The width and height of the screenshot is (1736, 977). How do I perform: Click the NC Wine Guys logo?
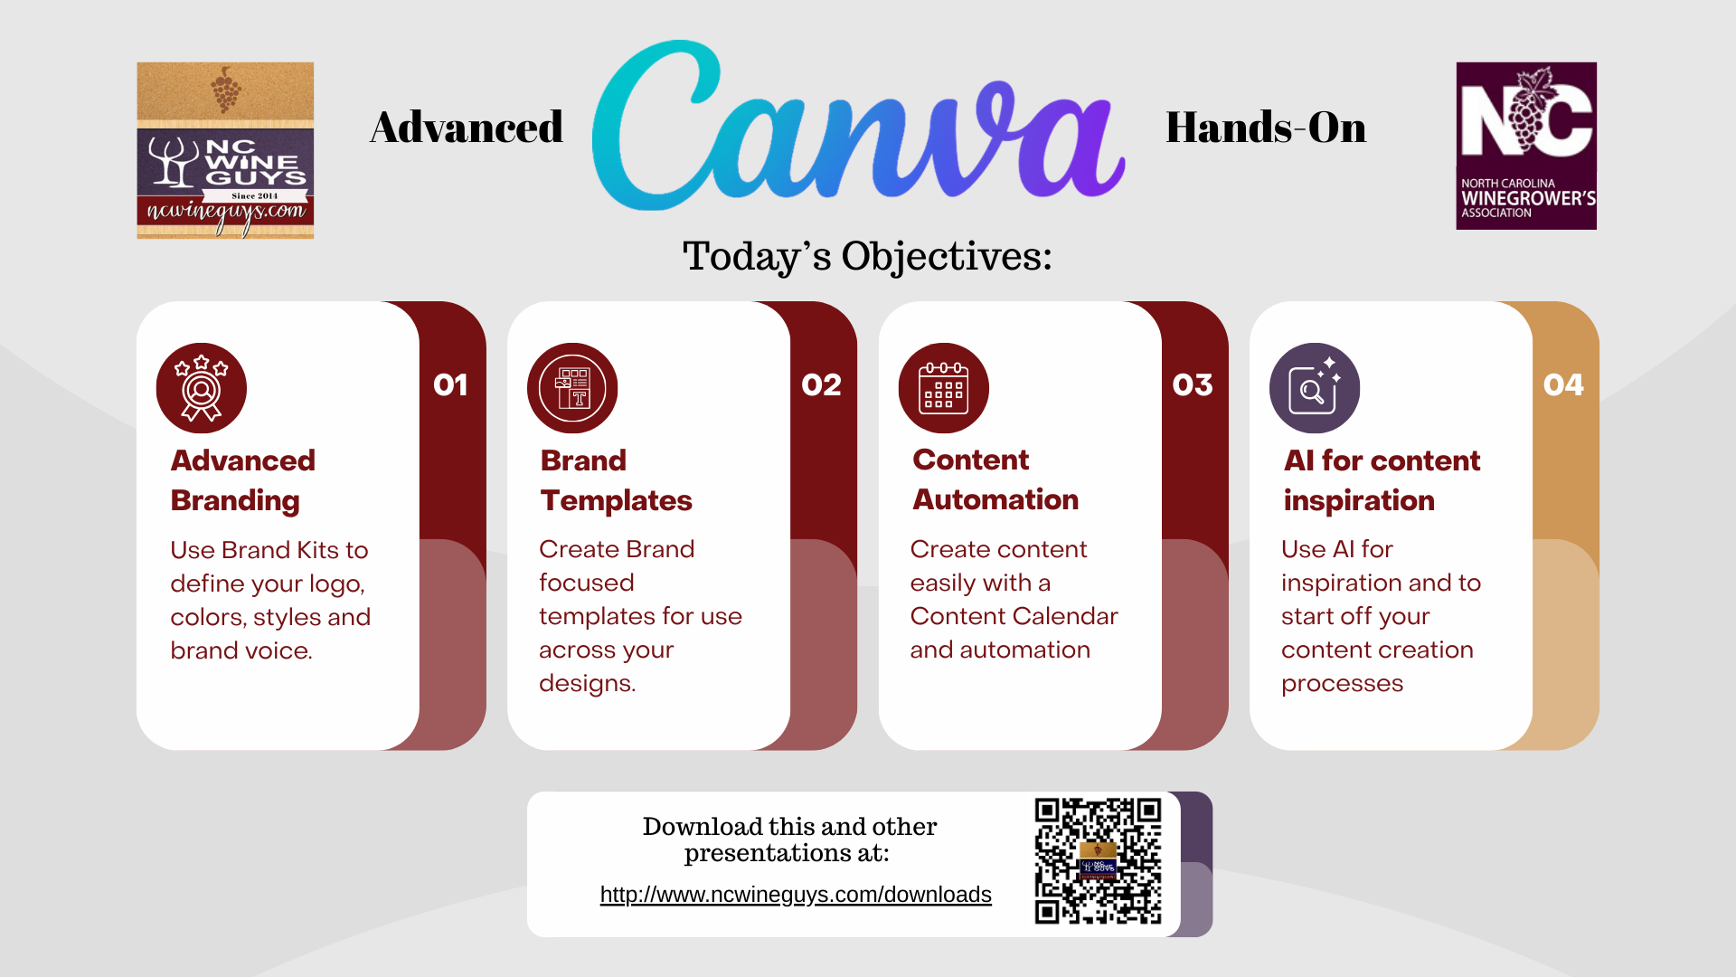click(x=225, y=150)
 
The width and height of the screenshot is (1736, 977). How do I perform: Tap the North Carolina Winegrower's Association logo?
click(x=1526, y=146)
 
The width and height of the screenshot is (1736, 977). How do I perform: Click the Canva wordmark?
click(x=859, y=126)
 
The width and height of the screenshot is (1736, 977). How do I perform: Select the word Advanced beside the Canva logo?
click(x=467, y=127)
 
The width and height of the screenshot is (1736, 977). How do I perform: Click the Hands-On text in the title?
click(x=1266, y=127)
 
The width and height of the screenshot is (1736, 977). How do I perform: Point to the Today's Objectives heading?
click(x=867, y=257)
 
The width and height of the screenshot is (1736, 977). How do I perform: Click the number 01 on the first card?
click(x=450, y=385)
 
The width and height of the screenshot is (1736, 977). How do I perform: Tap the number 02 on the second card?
click(x=821, y=385)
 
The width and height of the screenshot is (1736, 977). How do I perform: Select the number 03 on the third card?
click(x=1193, y=385)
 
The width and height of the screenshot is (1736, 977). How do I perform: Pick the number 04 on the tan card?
click(x=1563, y=385)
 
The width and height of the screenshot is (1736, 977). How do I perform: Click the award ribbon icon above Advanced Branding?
click(x=202, y=388)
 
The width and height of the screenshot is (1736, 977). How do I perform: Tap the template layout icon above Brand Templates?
click(x=572, y=388)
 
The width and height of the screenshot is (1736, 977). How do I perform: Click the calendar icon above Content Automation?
click(x=944, y=388)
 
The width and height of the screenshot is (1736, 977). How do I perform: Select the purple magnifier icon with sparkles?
click(x=1315, y=388)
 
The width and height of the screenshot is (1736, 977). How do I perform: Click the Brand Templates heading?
click(x=617, y=480)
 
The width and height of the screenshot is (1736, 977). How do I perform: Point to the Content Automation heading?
click(x=995, y=479)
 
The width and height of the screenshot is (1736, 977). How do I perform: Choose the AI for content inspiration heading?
click(x=1382, y=480)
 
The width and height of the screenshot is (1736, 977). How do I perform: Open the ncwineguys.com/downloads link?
click(x=796, y=895)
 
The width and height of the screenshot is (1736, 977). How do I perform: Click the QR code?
click(x=1098, y=861)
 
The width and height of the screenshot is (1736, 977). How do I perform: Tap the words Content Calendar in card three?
click(x=1014, y=616)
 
